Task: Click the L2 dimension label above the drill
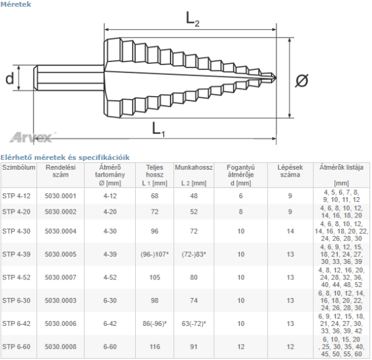tap(192, 19)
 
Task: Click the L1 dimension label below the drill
tap(158, 129)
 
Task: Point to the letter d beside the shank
tap(9, 78)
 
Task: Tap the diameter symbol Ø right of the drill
tap(301, 80)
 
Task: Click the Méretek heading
tap(15, 4)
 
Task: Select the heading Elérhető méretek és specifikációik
tap(65, 157)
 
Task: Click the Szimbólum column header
tap(19, 167)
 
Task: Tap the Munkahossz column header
tap(194, 167)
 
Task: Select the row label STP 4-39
tap(16, 254)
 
